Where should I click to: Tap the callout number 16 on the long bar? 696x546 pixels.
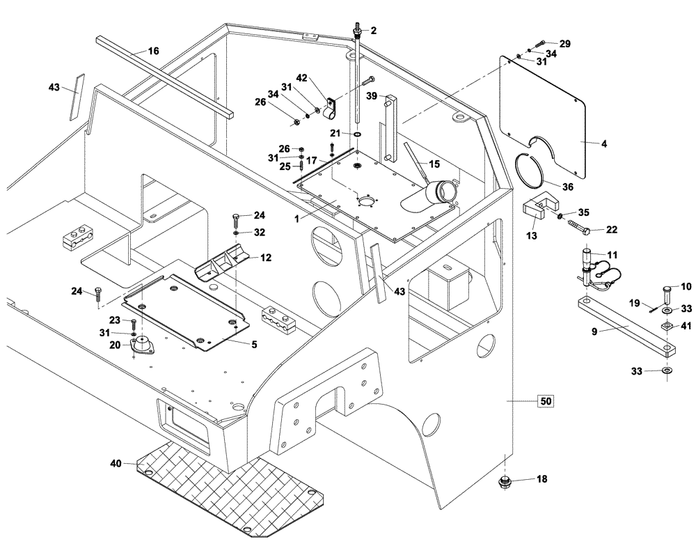click(153, 51)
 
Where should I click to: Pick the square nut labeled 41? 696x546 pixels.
click(667, 327)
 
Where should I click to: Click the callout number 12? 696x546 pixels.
click(265, 257)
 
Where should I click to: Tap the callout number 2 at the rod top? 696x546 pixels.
click(373, 31)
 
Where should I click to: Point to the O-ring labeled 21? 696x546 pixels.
click(357, 134)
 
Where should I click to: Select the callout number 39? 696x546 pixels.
click(372, 95)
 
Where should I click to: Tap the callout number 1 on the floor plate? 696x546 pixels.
click(295, 218)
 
